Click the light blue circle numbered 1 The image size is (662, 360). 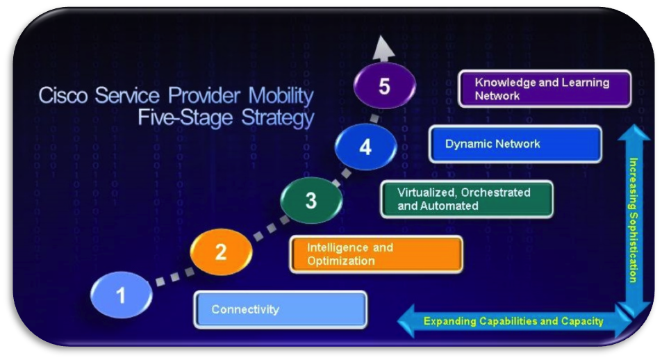pos(121,295)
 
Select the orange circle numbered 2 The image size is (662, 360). pos(221,252)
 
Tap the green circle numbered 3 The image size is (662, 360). pos(311,200)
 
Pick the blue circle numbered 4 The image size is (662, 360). pos(365,147)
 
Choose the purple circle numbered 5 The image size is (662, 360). pos(384,85)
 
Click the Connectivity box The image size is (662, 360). pos(281,310)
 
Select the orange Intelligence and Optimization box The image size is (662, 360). pos(376,254)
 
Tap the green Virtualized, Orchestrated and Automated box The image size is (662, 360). pos(467,199)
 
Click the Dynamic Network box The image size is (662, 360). pos(515,144)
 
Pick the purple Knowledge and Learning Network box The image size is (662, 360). pos(545,89)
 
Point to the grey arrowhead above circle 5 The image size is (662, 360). pos(383,48)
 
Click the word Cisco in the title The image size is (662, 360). pos(63,95)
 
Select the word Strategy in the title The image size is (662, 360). pos(277,118)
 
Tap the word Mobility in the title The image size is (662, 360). pos(281,96)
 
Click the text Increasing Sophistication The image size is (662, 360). pos(634,220)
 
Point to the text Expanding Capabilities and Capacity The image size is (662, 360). pos(513,321)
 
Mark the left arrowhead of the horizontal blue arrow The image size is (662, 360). pos(406,321)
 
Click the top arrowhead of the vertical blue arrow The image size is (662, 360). pos(634,132)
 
